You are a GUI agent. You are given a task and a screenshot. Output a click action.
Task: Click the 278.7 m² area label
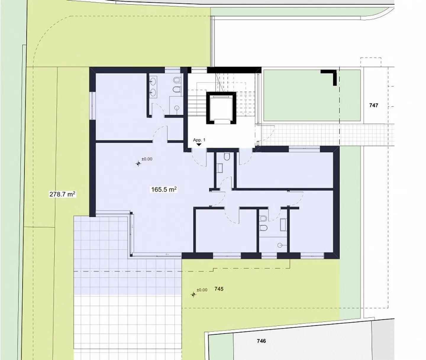(62, 194)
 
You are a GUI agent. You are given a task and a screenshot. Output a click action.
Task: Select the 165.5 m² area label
(164, 189)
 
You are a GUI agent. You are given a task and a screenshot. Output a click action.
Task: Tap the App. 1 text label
(199, 140)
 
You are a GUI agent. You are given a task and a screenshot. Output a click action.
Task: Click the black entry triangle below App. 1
(199, 145)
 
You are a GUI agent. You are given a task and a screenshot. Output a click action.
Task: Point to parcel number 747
(374, 105)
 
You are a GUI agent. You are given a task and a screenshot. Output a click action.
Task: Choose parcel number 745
(219, 289)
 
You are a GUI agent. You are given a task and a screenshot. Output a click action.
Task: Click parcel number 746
(261, 341)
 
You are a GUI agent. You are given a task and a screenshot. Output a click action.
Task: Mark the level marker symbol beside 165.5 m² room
(138, 163)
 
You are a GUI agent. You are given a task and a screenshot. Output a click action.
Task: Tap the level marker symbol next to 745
(193, 295)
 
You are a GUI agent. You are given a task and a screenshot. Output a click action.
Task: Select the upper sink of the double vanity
(153, 81)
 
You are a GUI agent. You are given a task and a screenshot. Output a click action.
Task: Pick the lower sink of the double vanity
(153, 93)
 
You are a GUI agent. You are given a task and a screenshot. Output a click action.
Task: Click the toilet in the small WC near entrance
(227, 157)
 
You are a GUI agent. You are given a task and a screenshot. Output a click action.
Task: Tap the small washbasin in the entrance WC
(220, 168)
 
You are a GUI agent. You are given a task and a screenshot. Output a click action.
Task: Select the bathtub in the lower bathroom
(283, 225)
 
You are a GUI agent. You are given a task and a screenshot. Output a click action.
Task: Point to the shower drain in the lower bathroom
(280, 245)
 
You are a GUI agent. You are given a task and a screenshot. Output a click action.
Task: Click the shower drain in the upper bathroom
(177, 108)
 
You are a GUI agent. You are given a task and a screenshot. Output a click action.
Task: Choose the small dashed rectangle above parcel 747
(371, 62)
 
